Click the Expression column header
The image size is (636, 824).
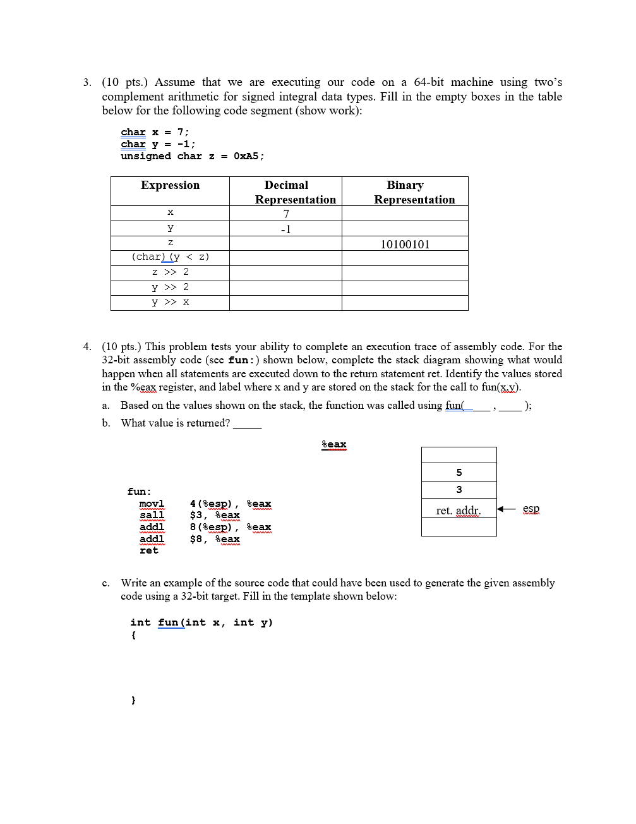(x=170, y=185)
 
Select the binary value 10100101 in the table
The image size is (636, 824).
(x=405, y=244)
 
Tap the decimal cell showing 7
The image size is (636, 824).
(x=286, y=214)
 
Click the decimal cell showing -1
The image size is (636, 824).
(x=286, y=229)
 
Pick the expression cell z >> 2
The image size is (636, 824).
(x=170, y=272)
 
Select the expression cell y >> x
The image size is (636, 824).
(x=170, y=302)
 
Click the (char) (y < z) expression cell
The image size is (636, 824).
(x=170, y=257)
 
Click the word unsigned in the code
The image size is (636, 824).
(x=145, y=156)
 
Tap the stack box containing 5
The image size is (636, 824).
(x=459, y=472)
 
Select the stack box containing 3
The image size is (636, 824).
(x=459, y=489)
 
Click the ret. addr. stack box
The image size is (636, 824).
(x=459, y=510)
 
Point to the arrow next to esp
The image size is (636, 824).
(x=507, y=509)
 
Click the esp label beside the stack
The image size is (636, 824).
(x=531, y=508)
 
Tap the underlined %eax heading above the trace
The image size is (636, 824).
(x=334, y=444)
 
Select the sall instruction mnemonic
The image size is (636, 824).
(x=152, y=515)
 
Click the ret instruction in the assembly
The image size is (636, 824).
(x=149, y=550)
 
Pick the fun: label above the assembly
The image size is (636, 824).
(x=139, y=491)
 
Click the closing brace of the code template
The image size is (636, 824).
(x=133, y=700)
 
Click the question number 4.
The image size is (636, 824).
(x=87, y=346)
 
